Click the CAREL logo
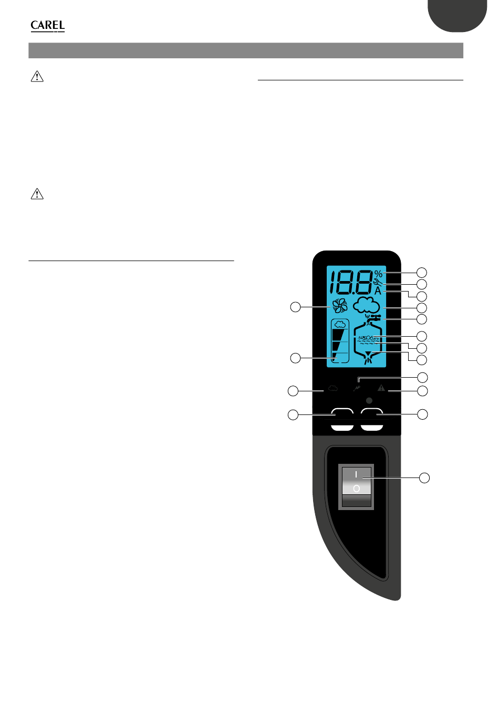click(47, 26)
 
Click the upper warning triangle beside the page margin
click(37, 77)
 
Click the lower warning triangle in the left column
click(37, 194)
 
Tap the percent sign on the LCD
click(378, 274)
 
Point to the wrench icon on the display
click(378, 282)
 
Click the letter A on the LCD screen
click(378, 290)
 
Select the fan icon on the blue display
click(339, 306)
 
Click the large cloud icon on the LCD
click(366, 305)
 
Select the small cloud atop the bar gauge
click(340, 324)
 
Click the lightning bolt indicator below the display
click(357, 388)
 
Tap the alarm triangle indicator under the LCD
click(381, 388)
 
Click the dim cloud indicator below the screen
click(332, 389)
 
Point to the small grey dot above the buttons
click(369, 400)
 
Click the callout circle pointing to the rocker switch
click(424, 477)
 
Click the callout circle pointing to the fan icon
click(296, 306)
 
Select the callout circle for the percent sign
click(422, 272)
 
